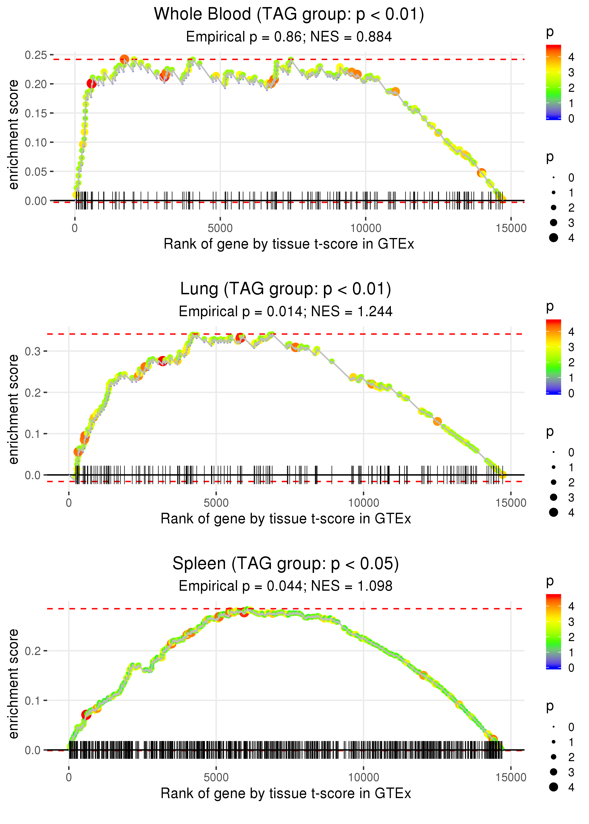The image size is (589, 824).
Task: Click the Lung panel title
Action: pos(286,289)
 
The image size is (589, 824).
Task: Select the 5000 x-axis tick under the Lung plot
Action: pos(216,503)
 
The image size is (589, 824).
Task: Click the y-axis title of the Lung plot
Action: pos(13,409)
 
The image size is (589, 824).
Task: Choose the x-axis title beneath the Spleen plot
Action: pos(286,794)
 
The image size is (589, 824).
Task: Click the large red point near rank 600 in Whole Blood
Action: pos(91,84)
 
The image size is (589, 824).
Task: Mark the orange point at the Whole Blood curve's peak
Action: pos(124,59)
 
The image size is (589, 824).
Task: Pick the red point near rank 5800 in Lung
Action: pos(240,338)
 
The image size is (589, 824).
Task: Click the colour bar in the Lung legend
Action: pos(553,357)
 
